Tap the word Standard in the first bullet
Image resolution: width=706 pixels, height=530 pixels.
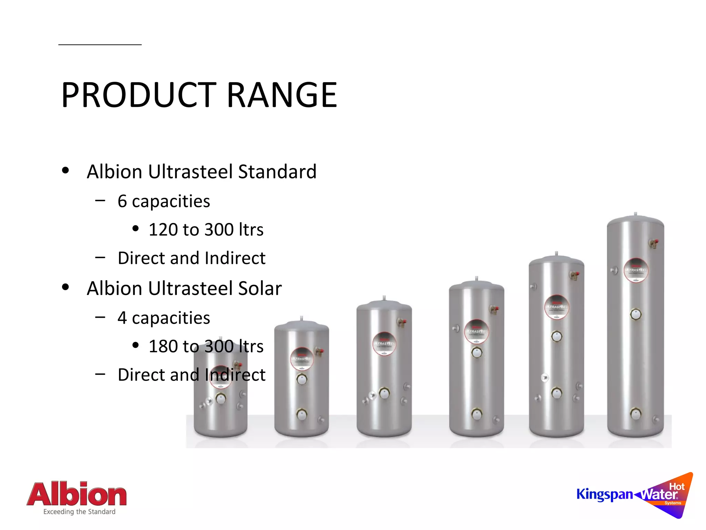pyautogui.click(x=277, y=171)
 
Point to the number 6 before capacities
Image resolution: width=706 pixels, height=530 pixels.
pyautogui.click(x=122, y=201)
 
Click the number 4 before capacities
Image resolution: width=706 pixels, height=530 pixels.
pyautogui.click(x=122, y=318)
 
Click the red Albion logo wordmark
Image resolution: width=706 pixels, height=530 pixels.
pyautogui.click(x=77, y=494)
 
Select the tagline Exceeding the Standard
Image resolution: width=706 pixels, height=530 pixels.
pyautogui.click(x=79, y=512)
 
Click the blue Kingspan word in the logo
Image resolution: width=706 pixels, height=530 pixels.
pyautogui.click(x=605, y=494)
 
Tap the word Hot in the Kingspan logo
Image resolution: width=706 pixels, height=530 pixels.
pyautogui.click(x=677, y=487)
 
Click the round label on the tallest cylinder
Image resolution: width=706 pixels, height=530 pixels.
pyautogui.click(x=636, y=270)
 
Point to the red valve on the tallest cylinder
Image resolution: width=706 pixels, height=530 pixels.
pyautogui.click(x=656, y=242)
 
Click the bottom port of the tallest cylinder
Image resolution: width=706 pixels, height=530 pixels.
pyautogui.click(x=636, y=413)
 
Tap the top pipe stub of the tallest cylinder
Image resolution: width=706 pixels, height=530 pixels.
pyautogui.click(x=636, y=214)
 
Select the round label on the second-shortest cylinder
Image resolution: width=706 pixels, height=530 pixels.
pyautogui.click(x=302, y=359)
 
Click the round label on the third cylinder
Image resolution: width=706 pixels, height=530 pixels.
pyautogui.click(x=384, y=344)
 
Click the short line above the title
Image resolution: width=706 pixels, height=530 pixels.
pyautogui.click(x=100, y=45)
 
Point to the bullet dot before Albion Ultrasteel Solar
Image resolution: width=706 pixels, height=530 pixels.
pyautogui.click(x=65, y=287)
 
